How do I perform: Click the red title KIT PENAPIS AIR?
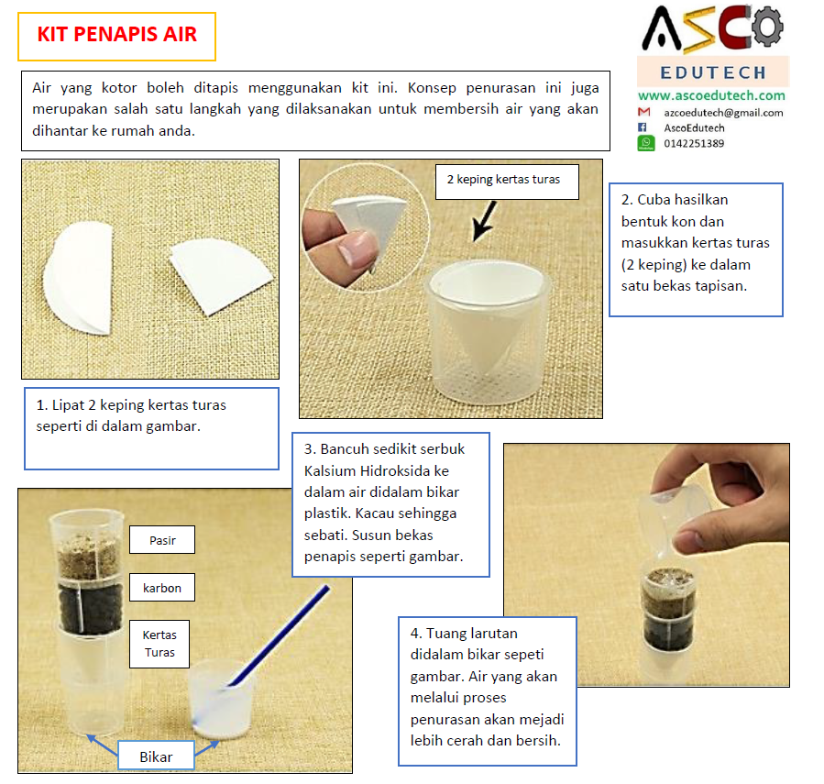(116, 35)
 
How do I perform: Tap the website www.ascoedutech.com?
(711, 95)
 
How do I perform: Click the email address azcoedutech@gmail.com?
(723, 113)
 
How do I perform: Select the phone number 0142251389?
(694, 144)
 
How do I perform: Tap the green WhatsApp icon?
(646, 143)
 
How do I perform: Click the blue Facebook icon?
(643, 127)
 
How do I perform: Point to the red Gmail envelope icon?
(643, 112)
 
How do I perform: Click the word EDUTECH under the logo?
(713, 72)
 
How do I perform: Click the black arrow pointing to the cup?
(485, 222)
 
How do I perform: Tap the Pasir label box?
(162, 540)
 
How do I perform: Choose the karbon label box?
(162, 588)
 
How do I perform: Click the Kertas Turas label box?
(159, 644)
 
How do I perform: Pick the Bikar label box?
(156, 756)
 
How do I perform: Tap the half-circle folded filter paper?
(80, 278)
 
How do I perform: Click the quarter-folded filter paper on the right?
(221, 274)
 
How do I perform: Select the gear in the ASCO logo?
(768, 27)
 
